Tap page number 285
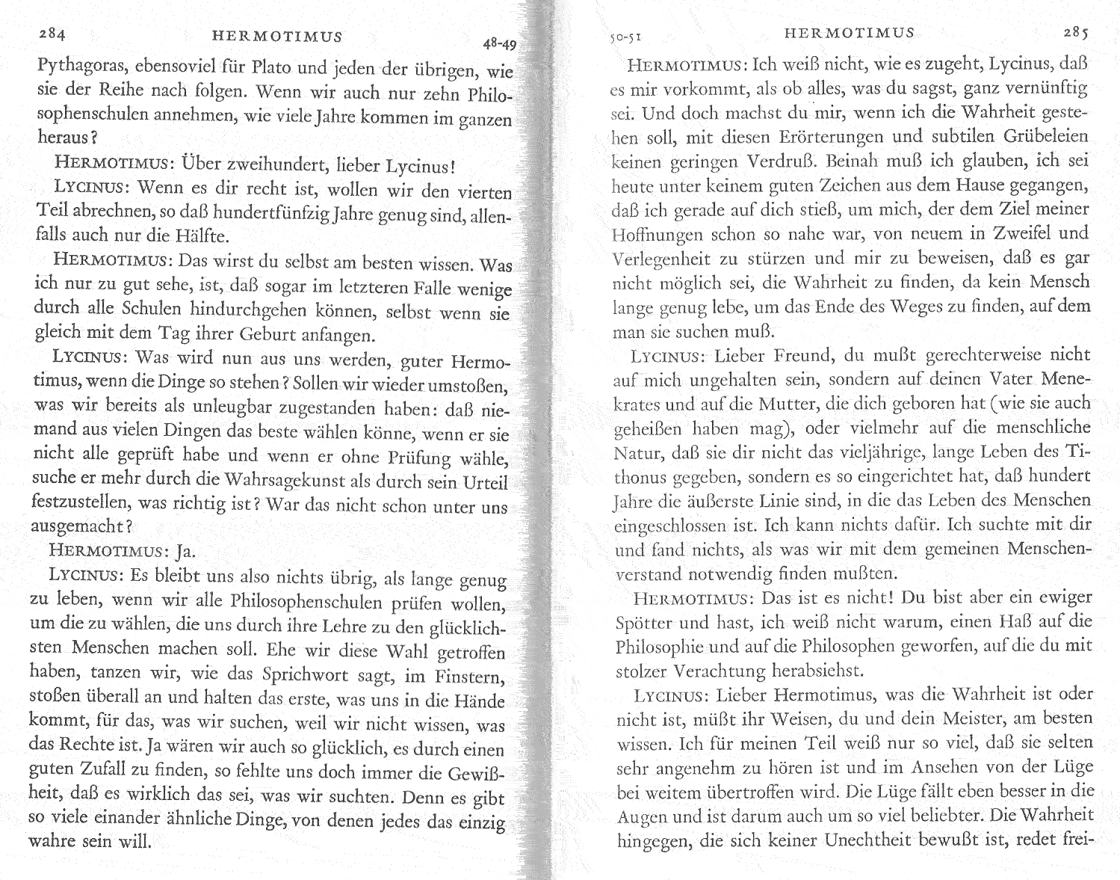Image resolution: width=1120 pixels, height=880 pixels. (x=1077, y=33)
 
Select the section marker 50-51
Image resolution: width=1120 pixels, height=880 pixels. (x=626, y=34)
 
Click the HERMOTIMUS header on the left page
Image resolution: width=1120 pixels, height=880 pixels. (x=277, y=36)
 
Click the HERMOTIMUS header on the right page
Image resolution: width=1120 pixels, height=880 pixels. (x=850, y=33)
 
